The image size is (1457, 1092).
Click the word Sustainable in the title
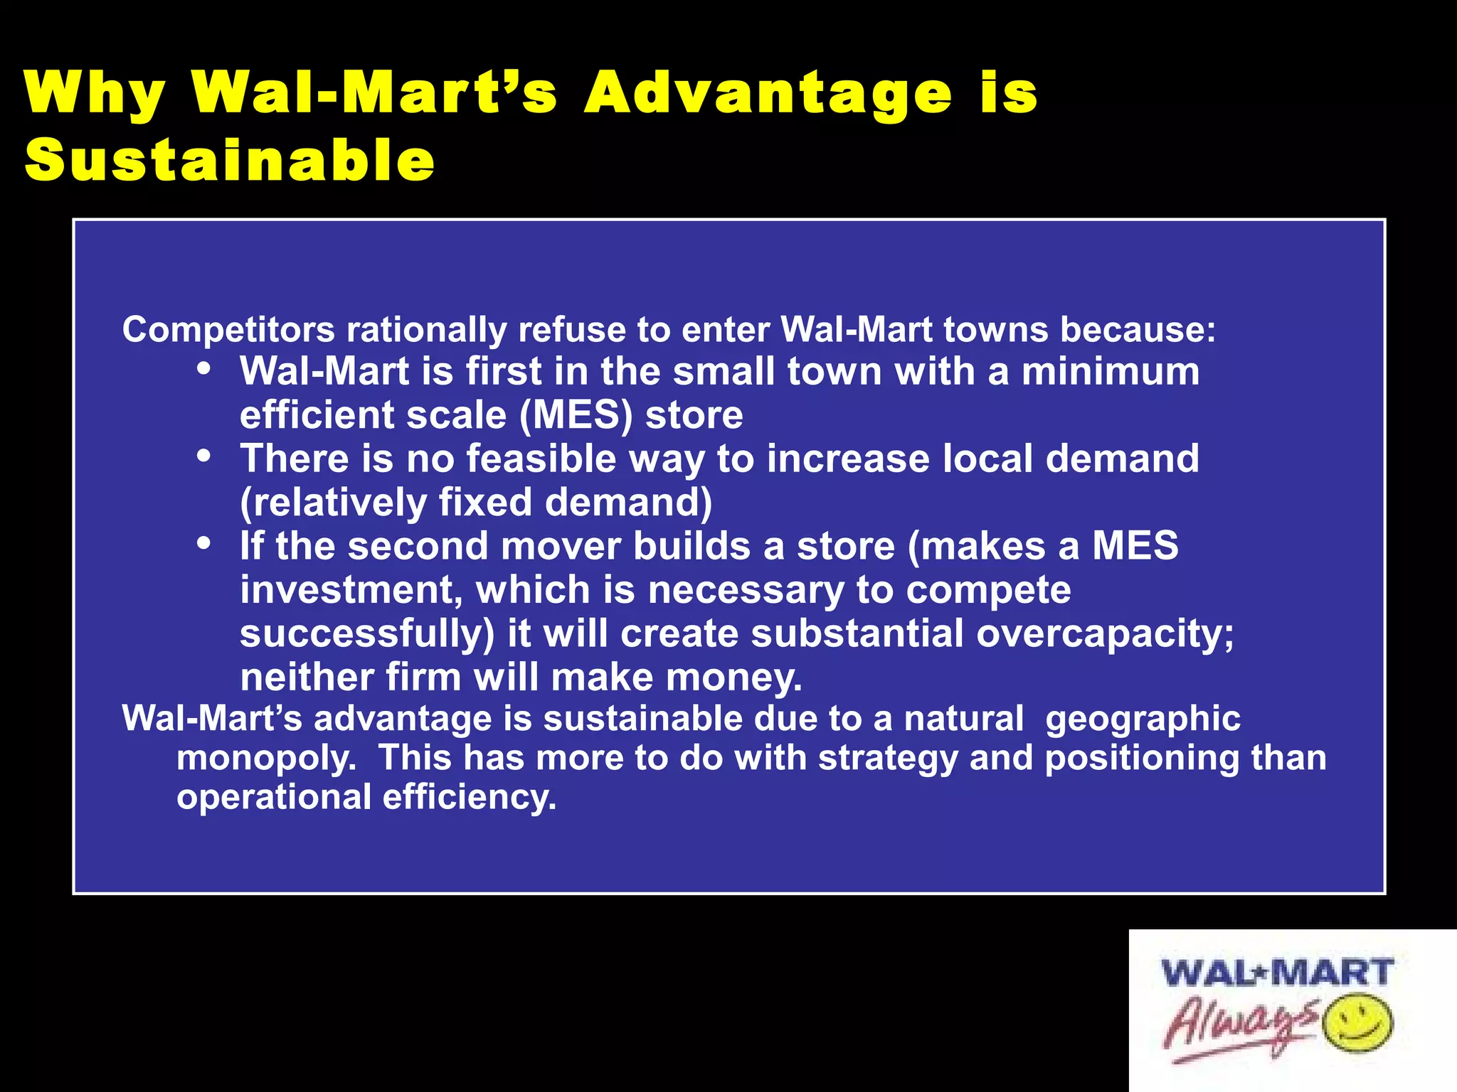[229, 161]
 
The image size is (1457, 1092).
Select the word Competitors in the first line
[228, 330]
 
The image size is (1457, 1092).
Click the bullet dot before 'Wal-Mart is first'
[204, 369]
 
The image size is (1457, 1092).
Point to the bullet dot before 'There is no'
[204, 456]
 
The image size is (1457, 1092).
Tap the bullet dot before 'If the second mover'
[204, 544]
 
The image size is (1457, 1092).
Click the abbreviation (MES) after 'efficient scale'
[576, 415]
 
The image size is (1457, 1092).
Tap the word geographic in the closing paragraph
[1143, 719]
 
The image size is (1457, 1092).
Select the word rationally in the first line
[426, 330]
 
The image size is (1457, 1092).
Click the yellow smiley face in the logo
[1357, 1023]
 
